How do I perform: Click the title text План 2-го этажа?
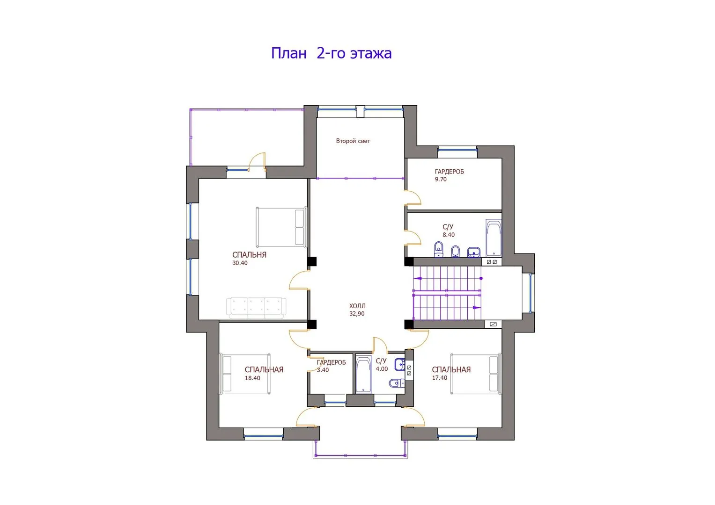[332, 53]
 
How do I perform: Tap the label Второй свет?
[353, 141]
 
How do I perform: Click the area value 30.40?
[240, 263]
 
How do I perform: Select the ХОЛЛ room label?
[357, 306]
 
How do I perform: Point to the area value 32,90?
[356, 313]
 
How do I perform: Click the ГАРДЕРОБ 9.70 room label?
[449, 175]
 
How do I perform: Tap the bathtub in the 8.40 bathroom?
[494, 238]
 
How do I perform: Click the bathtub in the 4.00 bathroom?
[363, 374]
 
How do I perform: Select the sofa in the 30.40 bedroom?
[256, 308]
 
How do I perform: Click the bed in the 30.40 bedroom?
[281, 227]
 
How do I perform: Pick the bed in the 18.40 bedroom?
[245, 374]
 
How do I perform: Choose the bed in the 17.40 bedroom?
[476, 374]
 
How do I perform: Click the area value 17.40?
[440, 378]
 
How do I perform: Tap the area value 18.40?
[252, 378]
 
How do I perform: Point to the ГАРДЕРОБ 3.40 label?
[331, 366]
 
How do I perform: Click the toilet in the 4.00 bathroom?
[397, 382]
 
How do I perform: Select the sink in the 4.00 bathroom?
[399, 364]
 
